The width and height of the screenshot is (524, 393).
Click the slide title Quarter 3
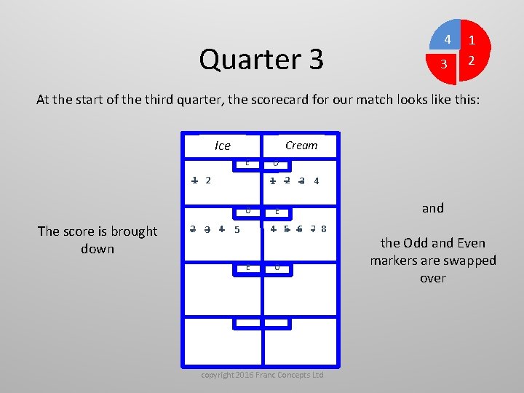[261, 59]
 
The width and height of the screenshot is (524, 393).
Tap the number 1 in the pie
[472, 41]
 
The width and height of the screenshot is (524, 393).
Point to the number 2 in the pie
[472, 61]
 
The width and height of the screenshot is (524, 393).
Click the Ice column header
[223, 146]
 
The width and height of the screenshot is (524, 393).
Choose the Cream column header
[301, 145]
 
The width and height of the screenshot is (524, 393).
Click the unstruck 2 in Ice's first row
[208, 180]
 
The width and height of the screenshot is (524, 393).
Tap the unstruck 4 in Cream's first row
[316, 181]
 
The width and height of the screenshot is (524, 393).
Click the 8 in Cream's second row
[324, 229]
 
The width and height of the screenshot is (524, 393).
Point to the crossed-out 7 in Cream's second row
[312, 229]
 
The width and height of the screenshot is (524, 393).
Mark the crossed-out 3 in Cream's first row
[301, 181]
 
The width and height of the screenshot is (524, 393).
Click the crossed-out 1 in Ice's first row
[194, 180]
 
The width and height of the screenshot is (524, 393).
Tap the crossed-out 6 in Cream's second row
[299, 229]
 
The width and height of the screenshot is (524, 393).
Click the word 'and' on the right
[433, 208]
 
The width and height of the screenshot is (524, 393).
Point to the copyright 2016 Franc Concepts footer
[262, 375]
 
